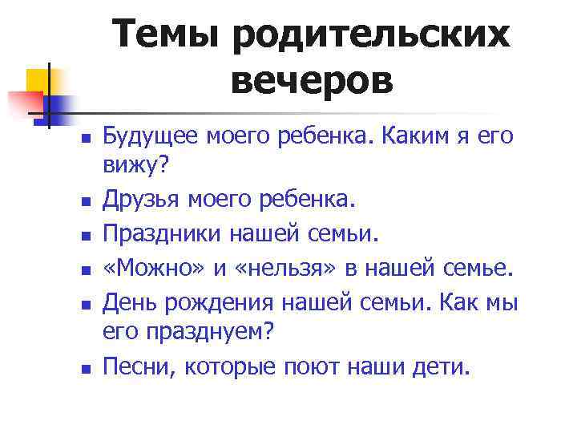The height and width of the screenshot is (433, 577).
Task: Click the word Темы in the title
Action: point(165,35)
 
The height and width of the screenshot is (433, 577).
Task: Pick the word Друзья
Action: point(135,196)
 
